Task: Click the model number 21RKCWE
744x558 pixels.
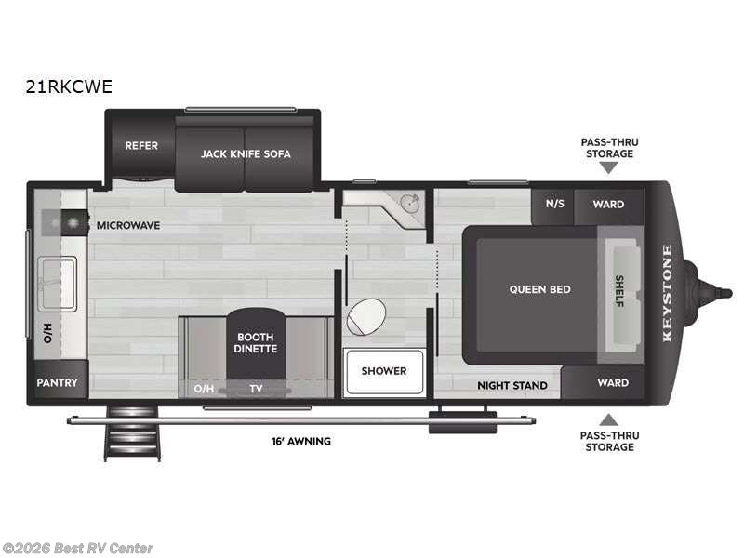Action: point(70,86)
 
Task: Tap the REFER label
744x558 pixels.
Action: point(141,146)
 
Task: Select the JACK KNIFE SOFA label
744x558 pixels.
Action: point(246,153)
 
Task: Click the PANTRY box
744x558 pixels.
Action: point(57,382)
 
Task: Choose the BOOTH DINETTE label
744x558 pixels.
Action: point(255,343)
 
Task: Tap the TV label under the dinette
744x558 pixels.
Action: point(255,389)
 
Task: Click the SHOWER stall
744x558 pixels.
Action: point(384,371)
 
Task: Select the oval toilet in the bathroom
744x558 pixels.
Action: point(365,316)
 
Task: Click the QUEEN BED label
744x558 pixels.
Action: point(539,289)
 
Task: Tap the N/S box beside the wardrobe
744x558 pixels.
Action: point(554,205)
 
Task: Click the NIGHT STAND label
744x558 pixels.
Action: point(512,385)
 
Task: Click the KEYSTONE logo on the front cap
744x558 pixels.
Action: point(667,293)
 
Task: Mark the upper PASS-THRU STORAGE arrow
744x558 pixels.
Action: point(608,167)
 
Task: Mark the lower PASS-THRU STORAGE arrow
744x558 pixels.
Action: point(608,418)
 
